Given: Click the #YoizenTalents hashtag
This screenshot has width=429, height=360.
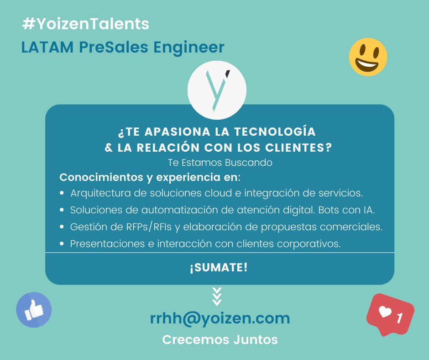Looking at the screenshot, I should coord(85,24).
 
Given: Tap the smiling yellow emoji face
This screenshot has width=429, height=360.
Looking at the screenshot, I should coord(368,57).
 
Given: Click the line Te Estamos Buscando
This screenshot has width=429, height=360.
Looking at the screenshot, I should coord(220,162).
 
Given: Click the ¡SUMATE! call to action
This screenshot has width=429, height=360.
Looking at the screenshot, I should coord(219,268).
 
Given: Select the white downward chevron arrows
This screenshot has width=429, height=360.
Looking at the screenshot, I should coord(217,296).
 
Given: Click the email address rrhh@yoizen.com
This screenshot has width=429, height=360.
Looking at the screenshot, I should coord(220,318).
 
